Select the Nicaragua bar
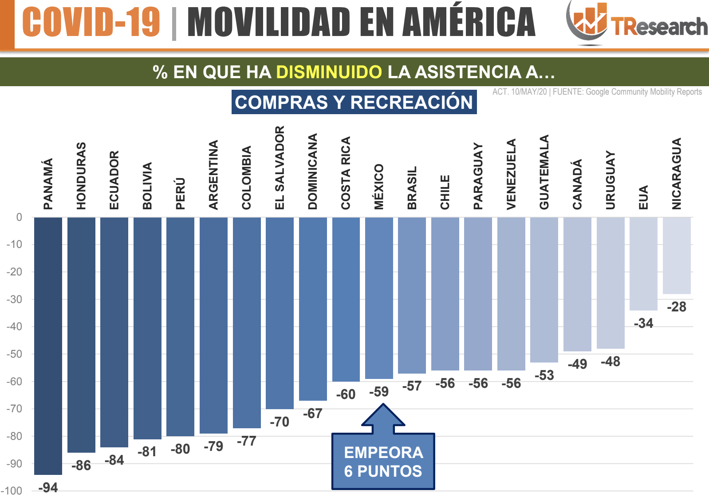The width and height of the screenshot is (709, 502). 676,255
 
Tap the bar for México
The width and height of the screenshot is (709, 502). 379,298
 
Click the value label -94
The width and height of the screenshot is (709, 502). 48,488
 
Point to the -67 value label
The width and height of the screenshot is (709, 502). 312,414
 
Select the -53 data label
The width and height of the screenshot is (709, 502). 544,375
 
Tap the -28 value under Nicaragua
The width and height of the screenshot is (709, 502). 676,307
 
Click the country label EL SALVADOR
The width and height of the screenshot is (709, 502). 280,167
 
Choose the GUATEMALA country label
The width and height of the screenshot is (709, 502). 544,172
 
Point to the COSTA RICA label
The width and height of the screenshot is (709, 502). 346,173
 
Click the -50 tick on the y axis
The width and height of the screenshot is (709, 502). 14,354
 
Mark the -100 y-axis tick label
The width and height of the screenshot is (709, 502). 12,491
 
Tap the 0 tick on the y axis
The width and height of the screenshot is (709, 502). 19,217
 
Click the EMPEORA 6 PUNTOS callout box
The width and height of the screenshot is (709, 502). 383,462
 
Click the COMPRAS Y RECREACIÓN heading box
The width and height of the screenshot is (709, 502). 354,102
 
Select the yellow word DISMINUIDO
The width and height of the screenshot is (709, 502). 329,72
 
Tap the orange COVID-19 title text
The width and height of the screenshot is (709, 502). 91,22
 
